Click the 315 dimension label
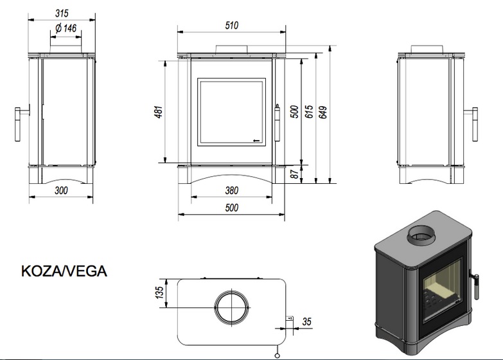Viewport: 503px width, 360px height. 62,13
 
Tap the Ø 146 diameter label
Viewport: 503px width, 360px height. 66,28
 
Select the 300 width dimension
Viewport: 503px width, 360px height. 61,190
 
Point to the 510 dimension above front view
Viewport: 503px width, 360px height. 232,25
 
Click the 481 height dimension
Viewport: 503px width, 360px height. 159,112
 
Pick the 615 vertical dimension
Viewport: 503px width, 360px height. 309,111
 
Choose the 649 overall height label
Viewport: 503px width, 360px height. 323,112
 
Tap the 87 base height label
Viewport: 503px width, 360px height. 294,174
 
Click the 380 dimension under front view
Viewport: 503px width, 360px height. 232,190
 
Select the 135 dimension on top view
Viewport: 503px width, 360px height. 159,292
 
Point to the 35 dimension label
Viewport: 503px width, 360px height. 306,321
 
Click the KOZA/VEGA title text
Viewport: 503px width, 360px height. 64,271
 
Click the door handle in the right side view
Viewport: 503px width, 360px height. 472,124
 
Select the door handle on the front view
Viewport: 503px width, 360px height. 277,122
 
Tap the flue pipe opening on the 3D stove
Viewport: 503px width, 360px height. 421,237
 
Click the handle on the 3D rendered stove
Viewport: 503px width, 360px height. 475,285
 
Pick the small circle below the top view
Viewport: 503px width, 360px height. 278,355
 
